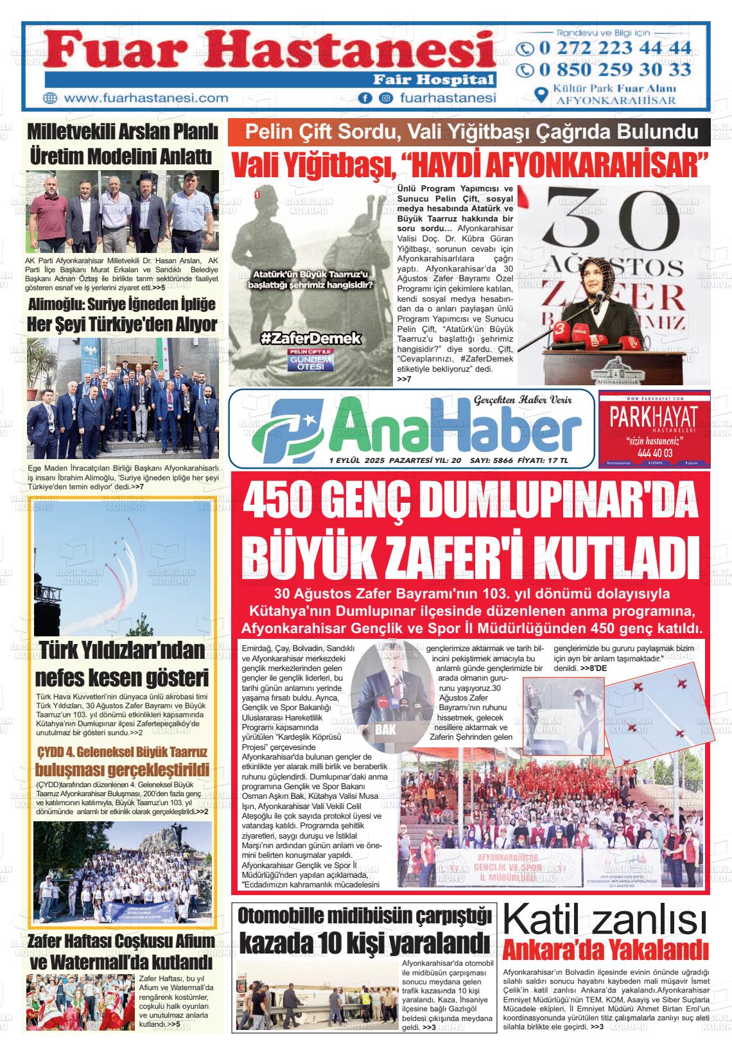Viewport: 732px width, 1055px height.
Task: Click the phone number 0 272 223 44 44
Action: (614, 48)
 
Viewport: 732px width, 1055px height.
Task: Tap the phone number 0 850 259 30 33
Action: (614, 69)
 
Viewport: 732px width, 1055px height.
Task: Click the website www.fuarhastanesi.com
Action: (146, 98)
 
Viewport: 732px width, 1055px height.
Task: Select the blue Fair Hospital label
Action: (434, 80)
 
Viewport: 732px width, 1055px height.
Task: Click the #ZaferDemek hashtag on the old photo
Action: (310, 338)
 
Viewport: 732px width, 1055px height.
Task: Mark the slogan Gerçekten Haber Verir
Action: (532, 401)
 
